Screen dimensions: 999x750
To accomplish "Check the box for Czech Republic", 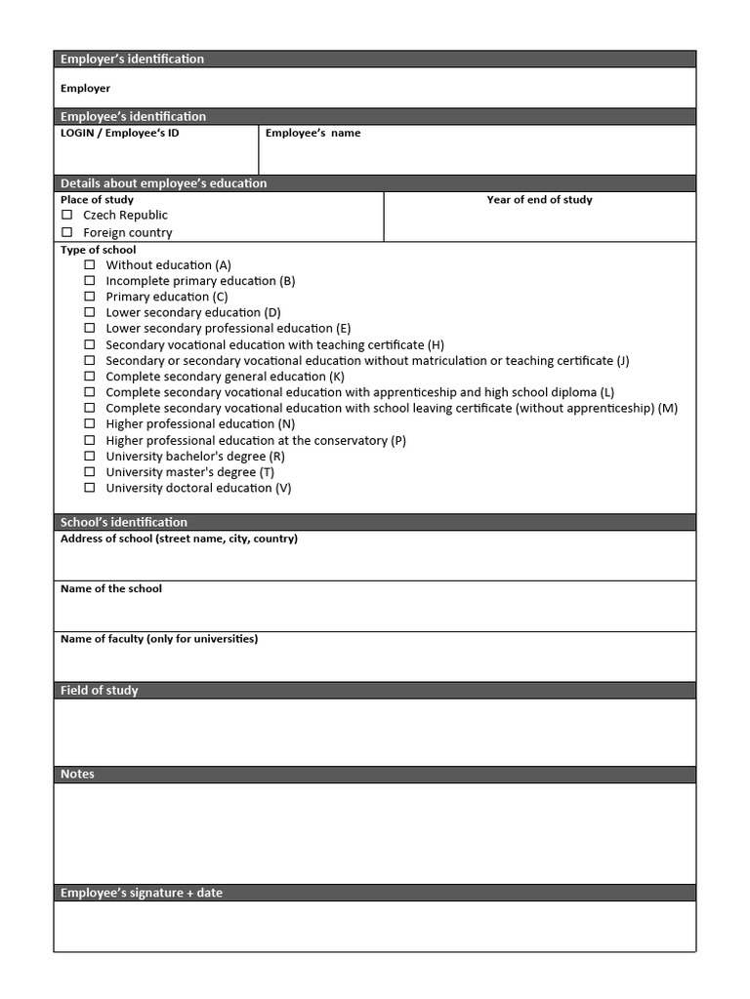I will [x=67, y=215].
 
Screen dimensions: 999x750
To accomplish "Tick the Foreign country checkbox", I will [x=67, y=232].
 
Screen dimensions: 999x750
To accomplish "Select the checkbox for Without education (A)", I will [x=90, y=264].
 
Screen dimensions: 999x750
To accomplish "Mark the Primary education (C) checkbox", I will [x=90, y=297].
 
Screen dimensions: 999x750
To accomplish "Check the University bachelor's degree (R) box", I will [x=90, y=456].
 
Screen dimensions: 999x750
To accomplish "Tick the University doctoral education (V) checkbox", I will [x=90, y=488].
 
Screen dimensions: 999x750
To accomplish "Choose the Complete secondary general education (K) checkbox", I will [x=90, y=377].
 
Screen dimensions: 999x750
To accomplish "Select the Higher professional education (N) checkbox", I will [x=90, y=423].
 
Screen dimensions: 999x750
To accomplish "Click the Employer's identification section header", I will [x=132, y=60].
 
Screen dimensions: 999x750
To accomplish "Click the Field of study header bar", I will [x=100, y=691].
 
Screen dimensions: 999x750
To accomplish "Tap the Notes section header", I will [x=77, y=775].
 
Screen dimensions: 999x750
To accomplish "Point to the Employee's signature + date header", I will [x=142, y=893].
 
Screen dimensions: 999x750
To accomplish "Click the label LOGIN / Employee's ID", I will [x=119, y=133].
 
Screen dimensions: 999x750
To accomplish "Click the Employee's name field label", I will [x=312, y=133].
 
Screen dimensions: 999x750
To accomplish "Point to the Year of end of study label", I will [x=539, y=200].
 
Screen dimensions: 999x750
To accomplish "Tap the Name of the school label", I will [x=111, y=588].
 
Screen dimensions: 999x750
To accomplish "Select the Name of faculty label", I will [x=159, y=639].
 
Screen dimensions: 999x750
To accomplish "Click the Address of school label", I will [x=179, y=539].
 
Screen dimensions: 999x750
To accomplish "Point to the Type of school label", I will [x=99, y=250].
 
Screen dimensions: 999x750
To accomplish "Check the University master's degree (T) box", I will [x=90, y=471].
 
